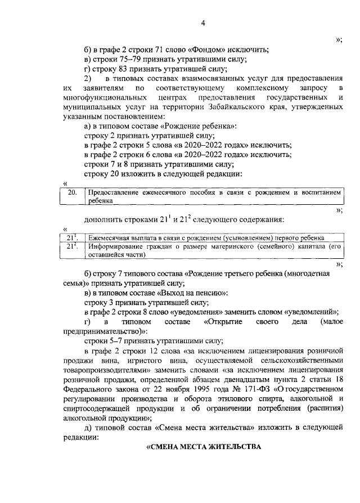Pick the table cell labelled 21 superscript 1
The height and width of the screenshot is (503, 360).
click(x=71, y=238)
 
